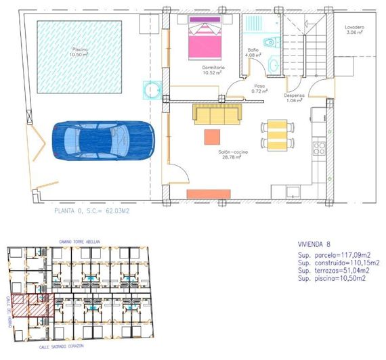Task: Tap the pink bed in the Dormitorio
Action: tap(207, 39)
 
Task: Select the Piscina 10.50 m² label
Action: tap(81, 53)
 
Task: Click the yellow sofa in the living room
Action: tap(217, 113)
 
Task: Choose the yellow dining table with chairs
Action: tap(278, 134)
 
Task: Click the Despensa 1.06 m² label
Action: tap(295, 99)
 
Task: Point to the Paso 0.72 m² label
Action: tap(259, 89)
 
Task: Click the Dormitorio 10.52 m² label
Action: tap(213, 71)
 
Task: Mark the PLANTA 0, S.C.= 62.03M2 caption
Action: tap(91, 211)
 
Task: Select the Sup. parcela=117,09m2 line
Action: tap(337, 255)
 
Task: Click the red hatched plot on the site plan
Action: tap(33, 305)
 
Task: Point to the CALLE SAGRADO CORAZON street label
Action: tap(64, 346)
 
